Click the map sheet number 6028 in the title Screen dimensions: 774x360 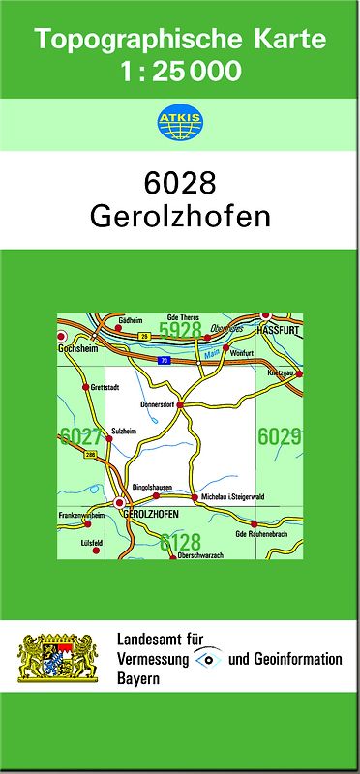(179, 183)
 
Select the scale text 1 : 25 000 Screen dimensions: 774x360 (181, 71)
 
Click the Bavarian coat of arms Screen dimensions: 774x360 (58, 659)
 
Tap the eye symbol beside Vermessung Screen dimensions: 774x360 (207, 659)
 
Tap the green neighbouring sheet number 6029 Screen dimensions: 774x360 (279, 436)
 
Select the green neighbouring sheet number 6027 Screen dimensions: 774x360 (79, 436)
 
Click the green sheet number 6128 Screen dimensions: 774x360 (180, 540)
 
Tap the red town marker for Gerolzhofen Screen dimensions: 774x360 (119, 503)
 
